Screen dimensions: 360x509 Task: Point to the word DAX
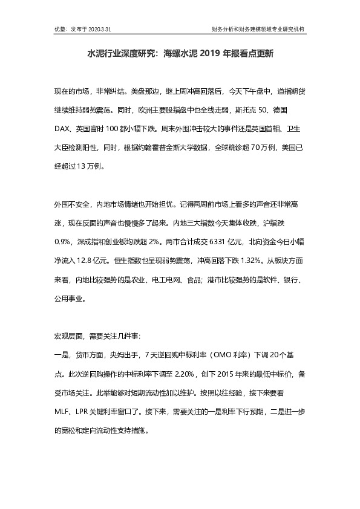[63, 129]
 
